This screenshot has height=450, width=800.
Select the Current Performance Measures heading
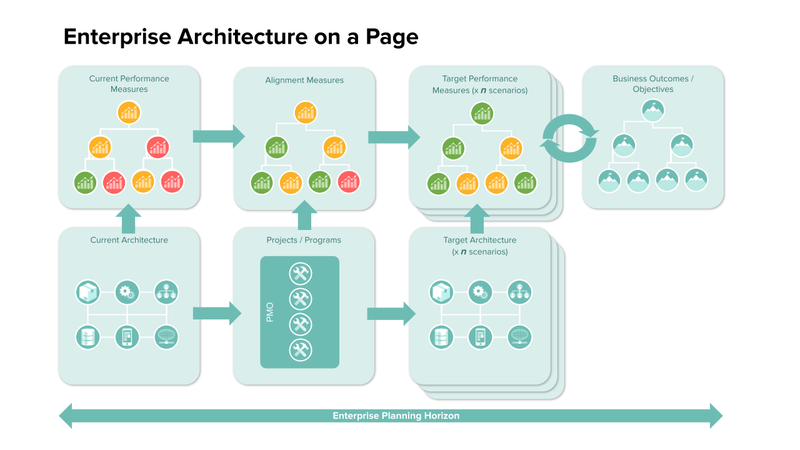coord(129,84)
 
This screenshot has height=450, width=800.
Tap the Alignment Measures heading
coord(304,80)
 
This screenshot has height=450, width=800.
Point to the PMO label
coord(270,312)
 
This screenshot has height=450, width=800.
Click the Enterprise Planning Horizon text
coord(396,416)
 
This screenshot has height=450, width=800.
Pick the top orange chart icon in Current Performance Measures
coord(129,113)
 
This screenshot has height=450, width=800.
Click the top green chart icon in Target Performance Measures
coord(482,113)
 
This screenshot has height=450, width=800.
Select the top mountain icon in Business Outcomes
coord(652,111)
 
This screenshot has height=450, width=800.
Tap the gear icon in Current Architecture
coord(127,292)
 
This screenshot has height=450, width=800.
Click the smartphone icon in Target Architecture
coord(480,337)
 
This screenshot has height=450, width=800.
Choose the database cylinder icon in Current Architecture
coord(87,337)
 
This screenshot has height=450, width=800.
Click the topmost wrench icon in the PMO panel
coord(300,274)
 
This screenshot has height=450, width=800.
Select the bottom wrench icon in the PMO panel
coord(300,350)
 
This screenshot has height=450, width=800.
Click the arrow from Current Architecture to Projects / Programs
coord(216,313)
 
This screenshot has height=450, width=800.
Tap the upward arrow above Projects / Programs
coord(305,216)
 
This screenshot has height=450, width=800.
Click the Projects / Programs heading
coord(304,240)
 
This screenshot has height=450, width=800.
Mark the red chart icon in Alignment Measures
coord(348,182)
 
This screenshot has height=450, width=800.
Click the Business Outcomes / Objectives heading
coord(653,84)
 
